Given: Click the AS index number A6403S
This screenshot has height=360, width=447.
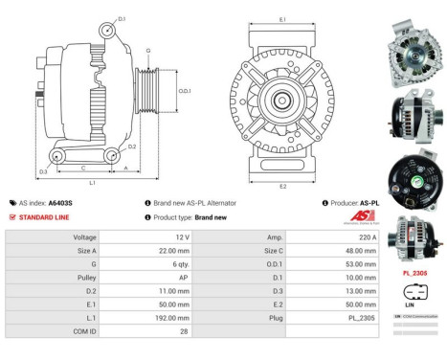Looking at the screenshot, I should click(x=60, y=203).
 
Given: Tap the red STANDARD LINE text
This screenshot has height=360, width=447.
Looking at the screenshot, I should click(x=47, y=217).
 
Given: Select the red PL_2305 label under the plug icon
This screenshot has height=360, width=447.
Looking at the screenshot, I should click(x=414, y=274).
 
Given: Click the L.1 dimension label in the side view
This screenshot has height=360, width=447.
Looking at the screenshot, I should click(x=92, y=182).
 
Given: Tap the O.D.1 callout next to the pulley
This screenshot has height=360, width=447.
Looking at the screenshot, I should click(x=186, y=91).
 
